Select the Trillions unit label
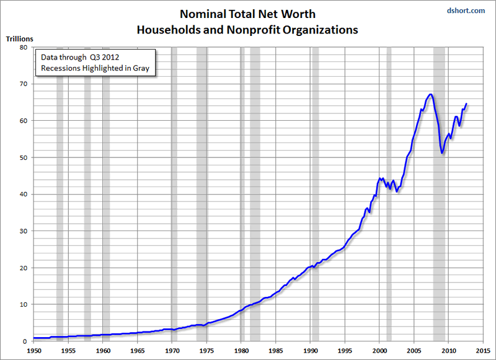pyautogui.click(x=20, y=39)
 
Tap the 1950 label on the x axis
pyautogui.click(x=34, y=350)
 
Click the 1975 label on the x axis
pyautogui.click(x=206, y=350)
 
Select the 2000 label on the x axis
pyautogui.click(x=379, y=350)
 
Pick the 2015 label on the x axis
pyautogui.click(x=482, y=350)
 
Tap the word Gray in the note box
pyautogui.click(x=140, y=68)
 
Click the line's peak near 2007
pyautogui.click(x=430, y=94)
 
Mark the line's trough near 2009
pyautogui.click(x=442, y=153)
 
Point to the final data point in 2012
pyautogui.click(x=466, y=103)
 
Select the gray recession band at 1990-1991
pyautogui.click(x=315, y=186)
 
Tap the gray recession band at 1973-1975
pyautogui.click(x=201, y=186)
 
